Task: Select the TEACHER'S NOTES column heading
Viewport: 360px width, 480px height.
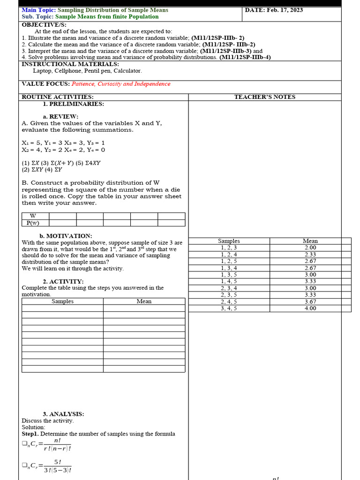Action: [x=265, y=97]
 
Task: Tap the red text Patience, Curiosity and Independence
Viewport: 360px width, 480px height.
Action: [x=121, y=84]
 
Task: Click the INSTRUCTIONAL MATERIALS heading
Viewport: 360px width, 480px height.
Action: [x=70, y=64]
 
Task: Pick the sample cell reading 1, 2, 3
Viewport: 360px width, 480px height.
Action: [x=229, y=247]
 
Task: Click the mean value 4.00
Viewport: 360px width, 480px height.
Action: [x=310, y=308]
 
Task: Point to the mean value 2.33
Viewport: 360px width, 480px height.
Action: [x=310, y=255]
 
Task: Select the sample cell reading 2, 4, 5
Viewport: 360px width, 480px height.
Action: [x=229, y=302]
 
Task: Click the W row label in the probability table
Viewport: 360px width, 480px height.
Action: [x=33, y=216]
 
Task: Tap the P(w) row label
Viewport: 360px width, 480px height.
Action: [x=33, y=223]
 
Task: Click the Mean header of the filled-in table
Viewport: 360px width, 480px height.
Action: [x=310, y=241]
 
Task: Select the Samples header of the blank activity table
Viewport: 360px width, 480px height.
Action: [x=62, y=301]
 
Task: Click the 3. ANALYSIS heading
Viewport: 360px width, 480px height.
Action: [x=63, y=414]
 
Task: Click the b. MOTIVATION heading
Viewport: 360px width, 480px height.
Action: [x=66, y=236]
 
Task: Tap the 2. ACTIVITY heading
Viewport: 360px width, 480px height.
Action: [x=63, y=282]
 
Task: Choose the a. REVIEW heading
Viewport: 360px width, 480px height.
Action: [x=60, y=117]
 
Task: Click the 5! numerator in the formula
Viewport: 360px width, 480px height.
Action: [x=58, y=462]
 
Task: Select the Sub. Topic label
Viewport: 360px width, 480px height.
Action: [x=37, y=16]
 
